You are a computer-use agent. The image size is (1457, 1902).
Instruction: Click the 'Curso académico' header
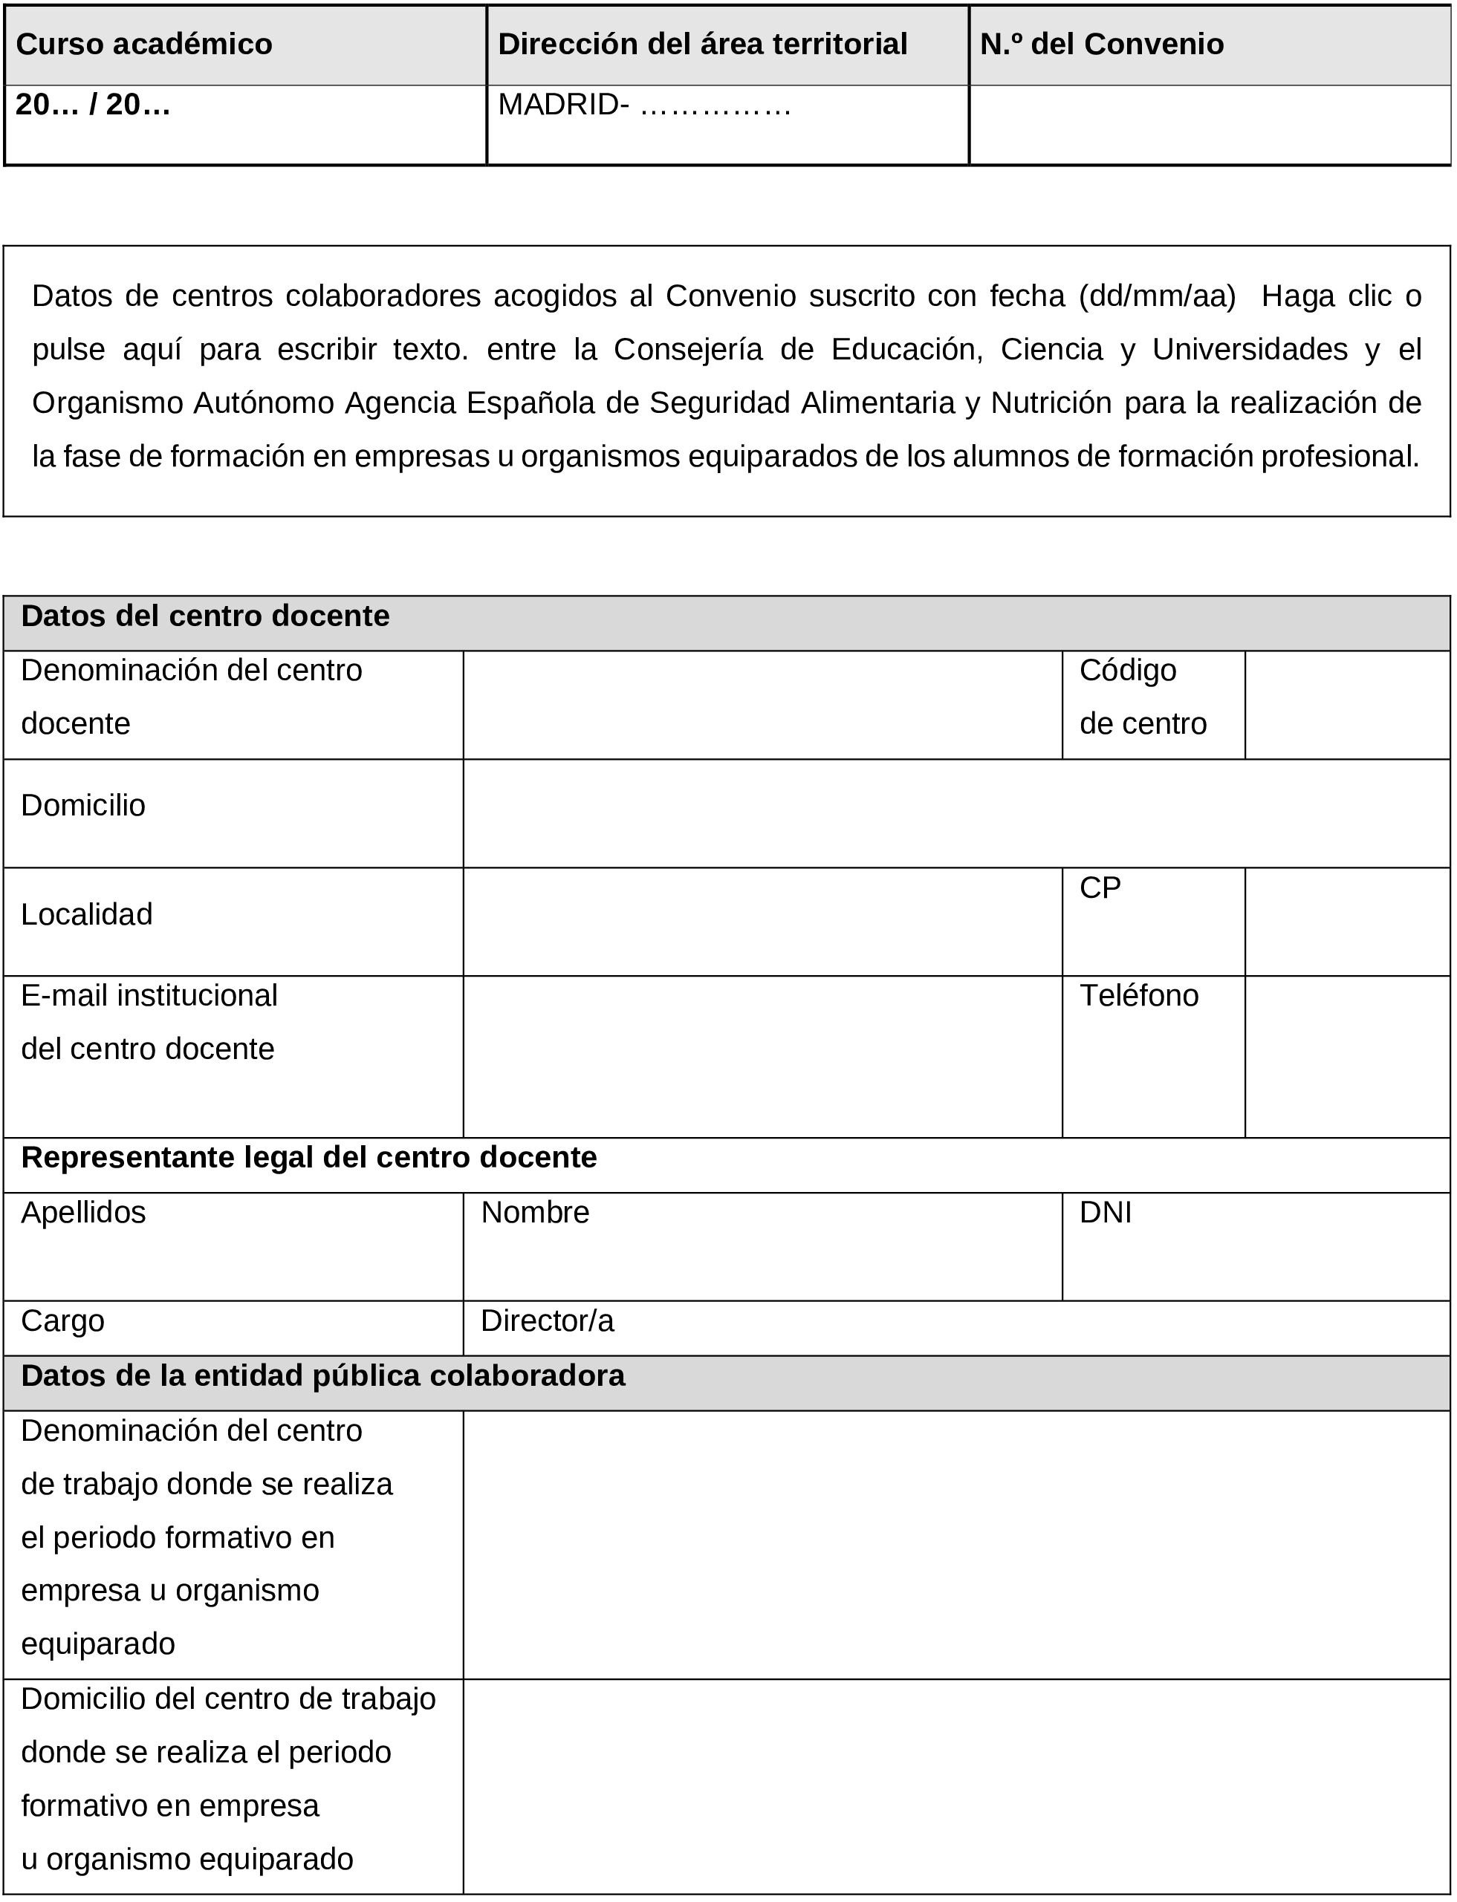coord(144,45)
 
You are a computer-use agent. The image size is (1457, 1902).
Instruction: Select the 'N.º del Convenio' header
coord(1100,45)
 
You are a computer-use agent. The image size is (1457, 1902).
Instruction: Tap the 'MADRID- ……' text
coord(643,105)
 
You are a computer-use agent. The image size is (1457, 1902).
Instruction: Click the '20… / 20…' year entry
coord(93,105)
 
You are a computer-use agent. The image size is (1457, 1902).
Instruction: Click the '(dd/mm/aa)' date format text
coord(1157,296)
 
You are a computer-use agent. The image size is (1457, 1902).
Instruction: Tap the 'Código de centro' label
coord(1141,697)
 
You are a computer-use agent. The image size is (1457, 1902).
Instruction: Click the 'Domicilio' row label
coord(83,805)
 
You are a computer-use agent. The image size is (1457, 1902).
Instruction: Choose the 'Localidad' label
coord(87,914)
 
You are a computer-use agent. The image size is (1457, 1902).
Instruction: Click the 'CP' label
coord(1100,888)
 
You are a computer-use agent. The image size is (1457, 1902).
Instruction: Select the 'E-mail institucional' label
coord(149,996)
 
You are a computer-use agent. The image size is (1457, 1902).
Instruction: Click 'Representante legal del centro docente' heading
coord(309,1158)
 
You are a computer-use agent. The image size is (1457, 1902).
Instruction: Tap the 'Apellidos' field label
coord(83,1213)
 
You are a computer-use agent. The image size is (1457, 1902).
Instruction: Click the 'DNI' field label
coord(1105,1213)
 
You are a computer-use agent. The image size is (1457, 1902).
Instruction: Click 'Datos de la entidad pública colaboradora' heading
coord(322,1375)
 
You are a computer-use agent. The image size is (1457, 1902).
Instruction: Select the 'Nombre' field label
coord(534,1213)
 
